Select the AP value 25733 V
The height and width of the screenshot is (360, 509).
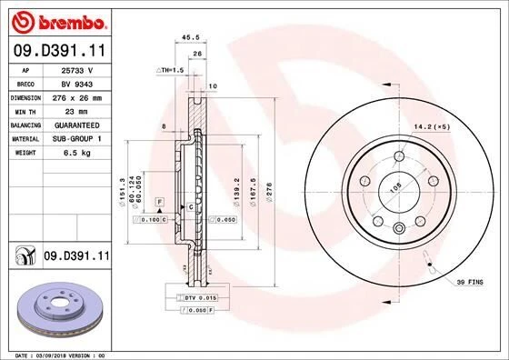pyautogui.click(x=75, y=69)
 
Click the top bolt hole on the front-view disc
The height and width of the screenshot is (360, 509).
pyautogui.click(x=400, y=155)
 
